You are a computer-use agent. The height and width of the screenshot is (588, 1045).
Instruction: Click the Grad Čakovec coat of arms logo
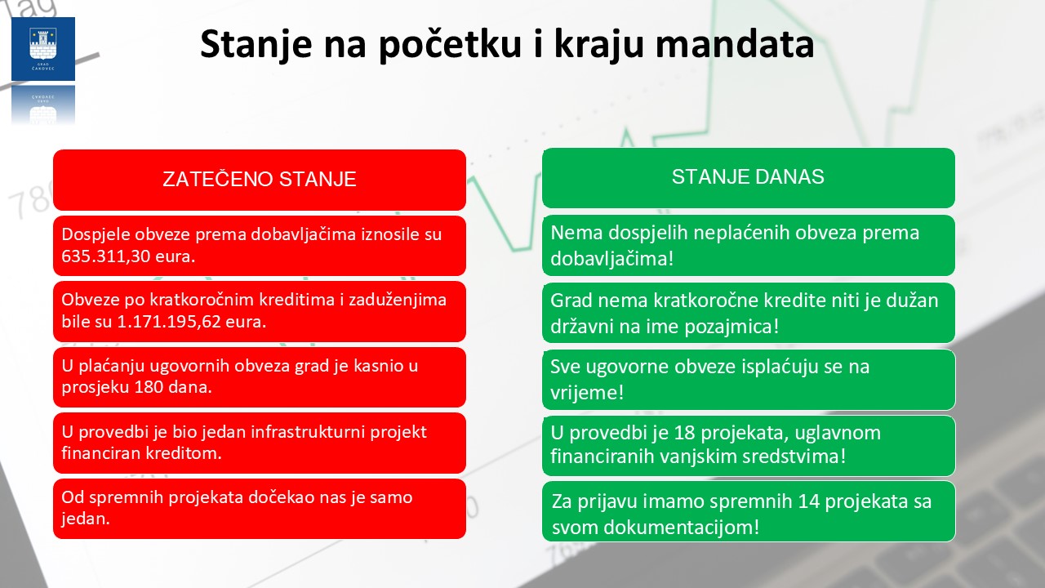(42, 48)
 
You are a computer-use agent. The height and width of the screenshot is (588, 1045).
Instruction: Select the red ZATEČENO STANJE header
(259, 180)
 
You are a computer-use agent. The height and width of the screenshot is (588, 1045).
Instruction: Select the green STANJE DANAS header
(748, 177)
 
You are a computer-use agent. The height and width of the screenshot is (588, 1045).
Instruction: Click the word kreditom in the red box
(186, 453)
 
